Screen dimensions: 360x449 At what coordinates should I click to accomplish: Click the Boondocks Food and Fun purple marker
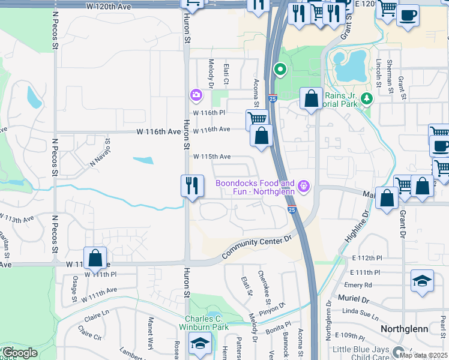(304, 187)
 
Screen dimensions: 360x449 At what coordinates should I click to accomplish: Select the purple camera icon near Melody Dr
(196, 95)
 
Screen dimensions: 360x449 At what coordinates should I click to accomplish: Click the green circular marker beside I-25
(279, 70)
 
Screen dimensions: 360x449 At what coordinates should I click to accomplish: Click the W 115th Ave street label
(211, 157)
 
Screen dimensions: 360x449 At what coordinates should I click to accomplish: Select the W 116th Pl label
(208, 113)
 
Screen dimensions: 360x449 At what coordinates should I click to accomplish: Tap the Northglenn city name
(403, 329)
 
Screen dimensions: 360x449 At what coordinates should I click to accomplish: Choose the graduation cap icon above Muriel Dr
(422, 281)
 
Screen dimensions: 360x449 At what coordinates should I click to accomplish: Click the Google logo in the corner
(20, 353)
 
